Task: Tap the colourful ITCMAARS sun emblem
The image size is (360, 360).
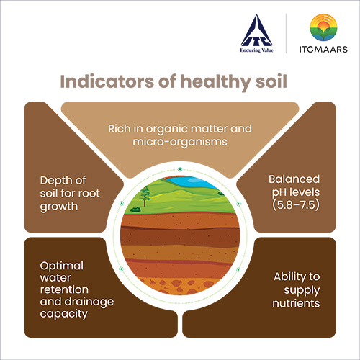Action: [323, 27]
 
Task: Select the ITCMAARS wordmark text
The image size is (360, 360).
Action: [323, 49]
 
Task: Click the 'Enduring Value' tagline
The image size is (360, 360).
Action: [257, 50]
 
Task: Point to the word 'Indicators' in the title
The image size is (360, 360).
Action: [107, 81]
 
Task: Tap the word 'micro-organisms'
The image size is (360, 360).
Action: [180, 142]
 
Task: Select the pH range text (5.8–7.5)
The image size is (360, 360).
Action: [296, 205]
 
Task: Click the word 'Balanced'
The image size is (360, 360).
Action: [294, 179]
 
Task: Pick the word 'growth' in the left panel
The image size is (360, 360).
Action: [59, 207]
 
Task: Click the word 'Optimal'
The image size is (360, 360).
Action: [62, 266]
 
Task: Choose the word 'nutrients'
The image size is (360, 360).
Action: [296, 303]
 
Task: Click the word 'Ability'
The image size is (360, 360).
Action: [289, 277]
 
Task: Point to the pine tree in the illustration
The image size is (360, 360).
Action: [145, 196]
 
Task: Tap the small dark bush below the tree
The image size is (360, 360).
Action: [135, 210]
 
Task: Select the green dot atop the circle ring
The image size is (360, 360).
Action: [180, 169]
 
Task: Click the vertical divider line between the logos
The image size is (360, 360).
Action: [287, 33]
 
